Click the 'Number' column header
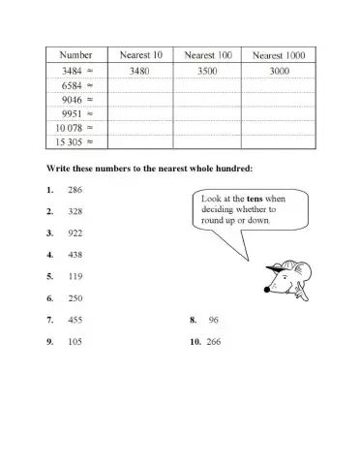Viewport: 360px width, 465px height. tap(75, 55)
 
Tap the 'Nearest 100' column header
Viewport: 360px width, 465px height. tap(207, 55)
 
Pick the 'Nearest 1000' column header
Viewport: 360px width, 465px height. tap(278, 55)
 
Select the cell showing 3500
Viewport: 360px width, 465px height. tap(207, 71)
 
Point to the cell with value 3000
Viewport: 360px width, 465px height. tap(278, 71)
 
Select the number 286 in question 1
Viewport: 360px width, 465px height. tap(75, 190)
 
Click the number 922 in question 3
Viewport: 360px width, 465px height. tap(75, 233)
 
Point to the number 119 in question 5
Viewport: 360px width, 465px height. tap(75, 276)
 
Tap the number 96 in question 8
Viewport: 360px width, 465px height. tap(214, 319)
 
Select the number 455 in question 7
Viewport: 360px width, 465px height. tap(75, 319)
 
